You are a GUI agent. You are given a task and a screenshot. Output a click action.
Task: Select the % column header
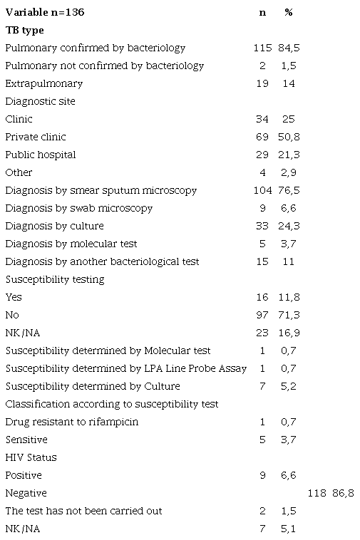coord(288,13)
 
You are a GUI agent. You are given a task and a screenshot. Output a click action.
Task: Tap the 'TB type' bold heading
coord(24,31)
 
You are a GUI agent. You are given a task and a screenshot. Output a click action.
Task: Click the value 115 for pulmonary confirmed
coord(262,48)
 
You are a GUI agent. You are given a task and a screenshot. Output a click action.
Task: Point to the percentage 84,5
coord(288,48)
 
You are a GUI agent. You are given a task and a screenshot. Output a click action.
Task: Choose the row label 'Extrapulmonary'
coord(43,84)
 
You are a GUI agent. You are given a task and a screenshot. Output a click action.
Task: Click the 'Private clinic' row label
coord(36,137)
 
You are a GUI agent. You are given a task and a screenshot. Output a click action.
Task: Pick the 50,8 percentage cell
coord(288,137)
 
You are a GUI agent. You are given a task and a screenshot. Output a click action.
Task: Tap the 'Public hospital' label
coord(40,155)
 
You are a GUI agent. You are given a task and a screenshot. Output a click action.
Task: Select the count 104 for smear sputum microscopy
coord(262,190)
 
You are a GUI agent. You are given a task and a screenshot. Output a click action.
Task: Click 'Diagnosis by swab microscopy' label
coord(78,208)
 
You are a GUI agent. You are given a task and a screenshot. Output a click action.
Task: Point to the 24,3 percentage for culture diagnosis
coord(288,226)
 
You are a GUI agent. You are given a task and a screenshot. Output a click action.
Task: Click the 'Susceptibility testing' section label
coord(55,279)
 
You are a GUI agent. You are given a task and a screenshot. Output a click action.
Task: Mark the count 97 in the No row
coord(262,315)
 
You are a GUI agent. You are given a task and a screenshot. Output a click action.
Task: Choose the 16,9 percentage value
coord(288,333)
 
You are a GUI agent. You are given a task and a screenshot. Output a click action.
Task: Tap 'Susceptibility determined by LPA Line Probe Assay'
coord(125,368)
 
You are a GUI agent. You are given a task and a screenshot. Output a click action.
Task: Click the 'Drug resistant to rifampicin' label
coord(71,422)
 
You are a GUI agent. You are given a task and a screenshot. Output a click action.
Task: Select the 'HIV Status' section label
coord(31,457)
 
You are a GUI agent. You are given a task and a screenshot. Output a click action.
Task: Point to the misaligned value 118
coord(317,493)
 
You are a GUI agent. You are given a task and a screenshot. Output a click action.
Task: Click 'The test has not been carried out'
coord(83,511)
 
